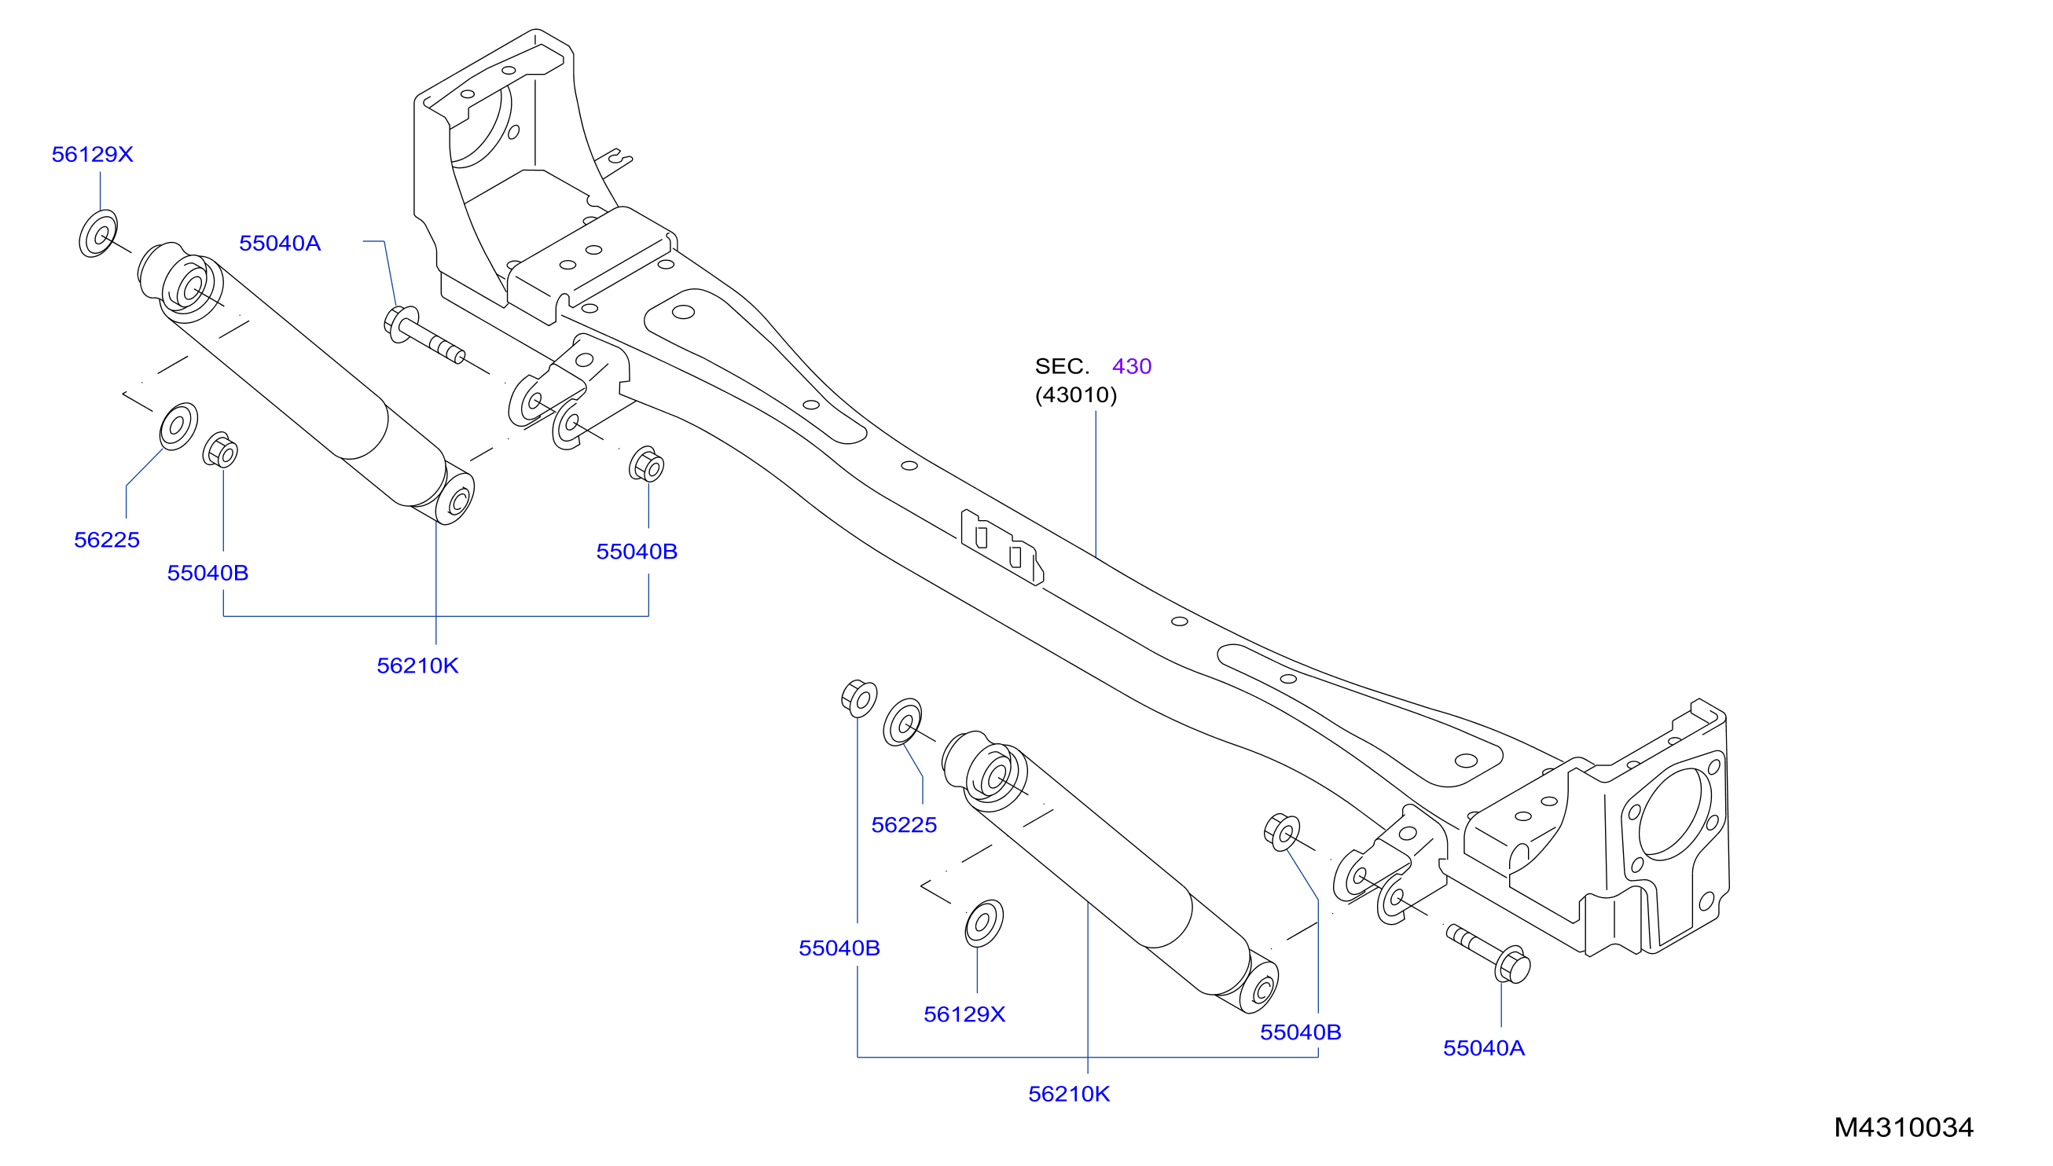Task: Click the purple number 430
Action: [1131, 366]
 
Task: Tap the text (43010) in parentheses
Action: [1075, 394]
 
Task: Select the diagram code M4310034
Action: [1903, 1127]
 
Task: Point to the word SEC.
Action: [1061, 366]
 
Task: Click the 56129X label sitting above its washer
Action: [92, 154]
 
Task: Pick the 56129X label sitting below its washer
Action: [964, 1014]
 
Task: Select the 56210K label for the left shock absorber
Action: [417, 665]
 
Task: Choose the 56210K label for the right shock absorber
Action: [1069, 1094]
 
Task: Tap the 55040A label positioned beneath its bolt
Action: [1483, 1048]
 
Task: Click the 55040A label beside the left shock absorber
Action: [280, 243]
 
